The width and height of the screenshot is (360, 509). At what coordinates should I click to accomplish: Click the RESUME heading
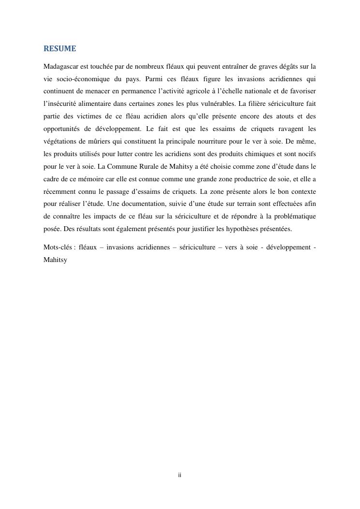coord(60,49)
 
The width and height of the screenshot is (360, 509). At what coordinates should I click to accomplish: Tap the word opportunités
coord(63,129)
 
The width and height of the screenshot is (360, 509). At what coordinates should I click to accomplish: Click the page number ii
coord(180,476)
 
